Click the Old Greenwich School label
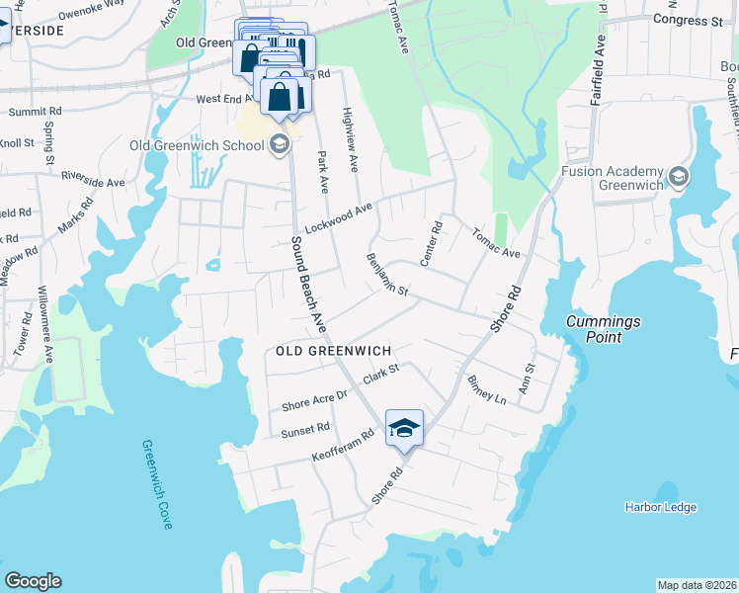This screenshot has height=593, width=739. pyautogui.click(x=197, y=145)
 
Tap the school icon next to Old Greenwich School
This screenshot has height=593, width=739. pyautogui.click(x=280, y=145)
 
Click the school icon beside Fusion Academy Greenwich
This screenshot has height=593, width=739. pyautogui.click(x=679, y=176)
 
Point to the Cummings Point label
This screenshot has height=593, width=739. pyautogui.click(x=603, y=329)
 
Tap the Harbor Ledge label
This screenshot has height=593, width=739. pyautogui.click(x=660, y=507)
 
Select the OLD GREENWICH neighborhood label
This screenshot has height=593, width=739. pyautogui.click(x=334, y=351)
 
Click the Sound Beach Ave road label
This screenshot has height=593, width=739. pyautogui.click(x=307, y=282)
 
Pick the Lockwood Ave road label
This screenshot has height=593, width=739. pyautogui.click(x=338, y=216)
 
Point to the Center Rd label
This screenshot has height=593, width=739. pyautogui.click(x=430, y=243)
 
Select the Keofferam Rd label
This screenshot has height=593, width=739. pyautogui.click(x=343, y=447)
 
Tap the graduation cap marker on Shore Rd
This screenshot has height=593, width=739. pyautogui.click(x=404, y=428)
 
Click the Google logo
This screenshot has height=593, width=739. pyautogui.click(x=33, y=581)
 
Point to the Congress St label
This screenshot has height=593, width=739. pyautogui.click(x=688, y=20)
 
